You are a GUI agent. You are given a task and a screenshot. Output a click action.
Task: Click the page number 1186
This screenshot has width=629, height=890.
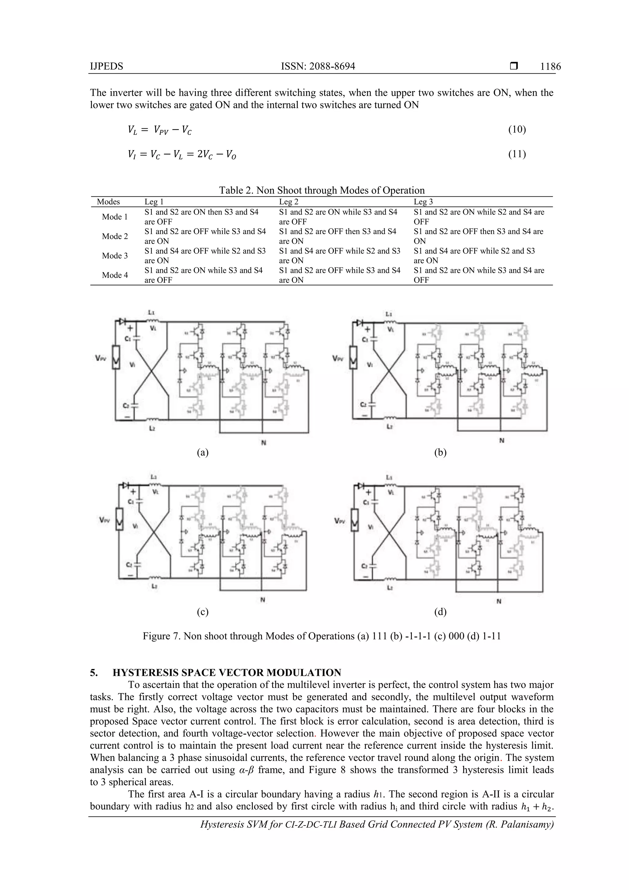tap(550, 66)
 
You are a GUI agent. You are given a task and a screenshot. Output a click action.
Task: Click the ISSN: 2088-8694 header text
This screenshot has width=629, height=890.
tap(318, 66)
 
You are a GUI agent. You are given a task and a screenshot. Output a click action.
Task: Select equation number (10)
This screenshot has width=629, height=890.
tap(517, 129)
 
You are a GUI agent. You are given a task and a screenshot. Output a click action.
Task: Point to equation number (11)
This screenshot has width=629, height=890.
tap(517, 154)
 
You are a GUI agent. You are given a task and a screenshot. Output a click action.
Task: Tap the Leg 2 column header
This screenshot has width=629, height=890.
tap(289, 202)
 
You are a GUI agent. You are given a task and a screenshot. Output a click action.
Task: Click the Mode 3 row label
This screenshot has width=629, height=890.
tap(115, 255)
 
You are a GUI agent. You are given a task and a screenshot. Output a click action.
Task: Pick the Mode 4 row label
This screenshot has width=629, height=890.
tap(115, 275)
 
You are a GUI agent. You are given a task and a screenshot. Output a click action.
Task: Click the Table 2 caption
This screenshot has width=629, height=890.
tap(322, 190)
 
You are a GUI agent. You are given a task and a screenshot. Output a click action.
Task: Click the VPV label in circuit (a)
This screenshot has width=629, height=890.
tap(101, 359)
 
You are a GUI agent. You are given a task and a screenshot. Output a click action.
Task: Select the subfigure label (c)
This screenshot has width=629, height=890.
tap(203, 612)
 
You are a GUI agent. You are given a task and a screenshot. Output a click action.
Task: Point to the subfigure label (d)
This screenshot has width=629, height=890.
tap(440, 612)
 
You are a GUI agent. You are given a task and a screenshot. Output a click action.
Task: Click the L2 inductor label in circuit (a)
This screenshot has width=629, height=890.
tap(152, 428)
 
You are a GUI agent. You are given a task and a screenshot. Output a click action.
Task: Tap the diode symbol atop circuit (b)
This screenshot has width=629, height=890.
tap(360, 323)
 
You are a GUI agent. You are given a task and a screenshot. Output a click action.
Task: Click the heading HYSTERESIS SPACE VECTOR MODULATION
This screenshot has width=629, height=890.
tap(227, 672)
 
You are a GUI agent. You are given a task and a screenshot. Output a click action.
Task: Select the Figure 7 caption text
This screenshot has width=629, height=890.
tap(322, 636)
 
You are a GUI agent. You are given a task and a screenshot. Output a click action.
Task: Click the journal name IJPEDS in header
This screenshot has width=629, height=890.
tap(107, 66)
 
